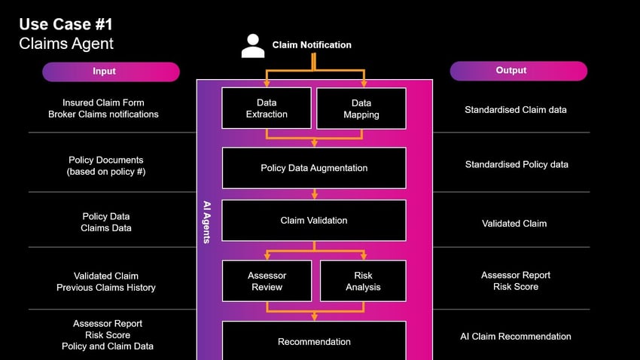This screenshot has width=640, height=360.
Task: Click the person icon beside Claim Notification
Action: click(x=253, y=46)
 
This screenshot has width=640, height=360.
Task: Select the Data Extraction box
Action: click(x=267, y=108)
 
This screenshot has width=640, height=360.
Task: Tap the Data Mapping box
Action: click(x=361, y=108)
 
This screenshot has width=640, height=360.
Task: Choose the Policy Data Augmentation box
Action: click(x=314, y=168)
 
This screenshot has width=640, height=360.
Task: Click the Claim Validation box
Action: click(x=314, y=221)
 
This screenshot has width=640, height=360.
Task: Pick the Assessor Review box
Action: click(x=267, y=281)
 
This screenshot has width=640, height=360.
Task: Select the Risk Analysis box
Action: click(x=363, y=281)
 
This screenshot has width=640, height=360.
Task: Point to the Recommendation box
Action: click(x=314, y=341)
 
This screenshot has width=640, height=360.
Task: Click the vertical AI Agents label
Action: click(x=207, y=221)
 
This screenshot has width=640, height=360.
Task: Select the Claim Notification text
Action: click(x=312, y=45)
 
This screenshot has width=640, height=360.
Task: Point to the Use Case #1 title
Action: click(x=66, y=25)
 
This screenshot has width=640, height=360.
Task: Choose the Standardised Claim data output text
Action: click(x=515, y=110)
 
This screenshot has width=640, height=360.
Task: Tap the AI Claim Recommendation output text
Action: click(x=515, y=337)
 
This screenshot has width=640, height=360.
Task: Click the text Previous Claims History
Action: click(x=105, y=288)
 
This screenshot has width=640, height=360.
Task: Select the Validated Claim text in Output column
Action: click(x=514, y=224)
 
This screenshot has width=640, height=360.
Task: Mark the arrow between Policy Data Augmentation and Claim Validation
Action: click(x=314, y=194)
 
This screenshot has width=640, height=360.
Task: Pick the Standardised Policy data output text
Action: click(x=516, y=165)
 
